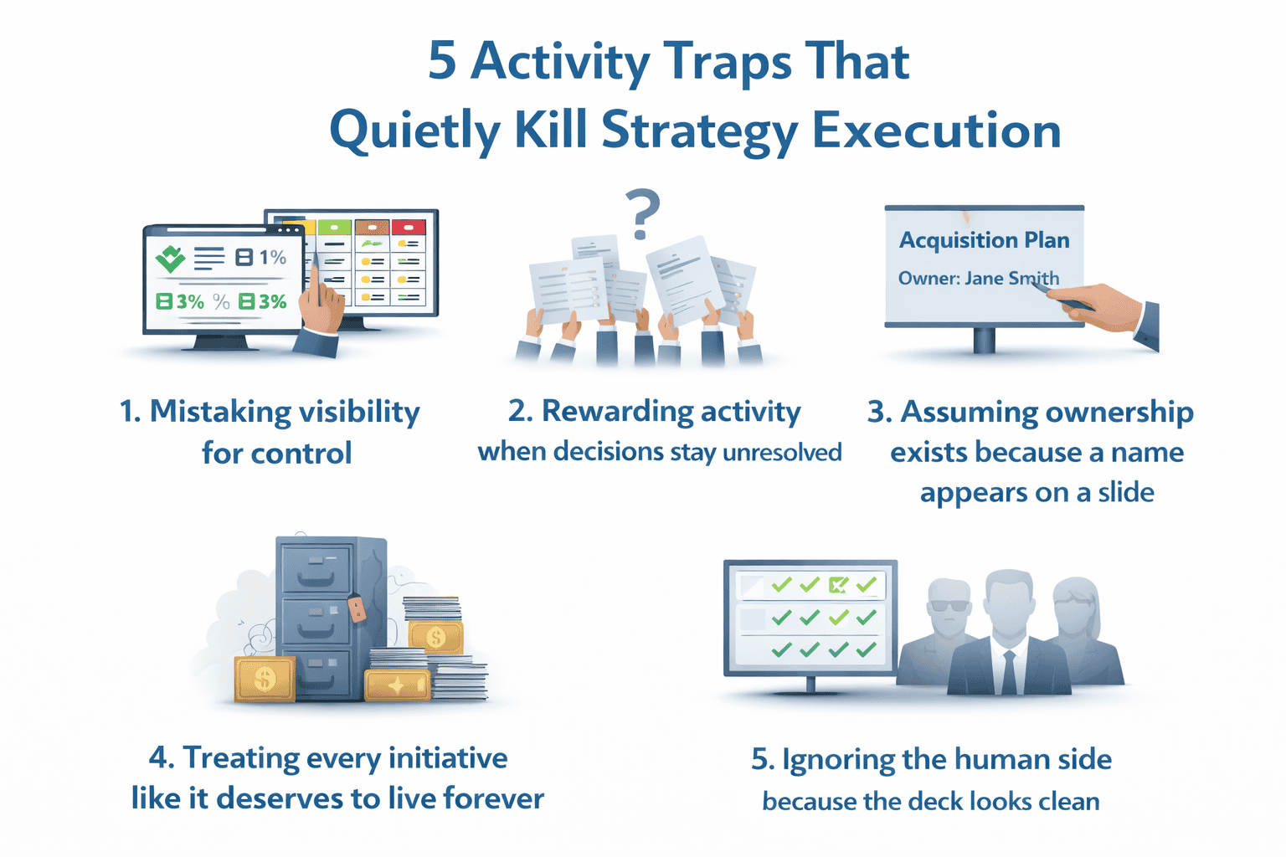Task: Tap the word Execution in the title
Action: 936,131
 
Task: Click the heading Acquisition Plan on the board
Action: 984,240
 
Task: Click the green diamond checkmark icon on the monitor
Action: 171,259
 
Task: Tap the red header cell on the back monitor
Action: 408,227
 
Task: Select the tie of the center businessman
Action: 1009,670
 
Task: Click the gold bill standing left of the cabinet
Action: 265,678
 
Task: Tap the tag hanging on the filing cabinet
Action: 357,608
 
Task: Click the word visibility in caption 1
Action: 359,412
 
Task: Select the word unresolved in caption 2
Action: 781,453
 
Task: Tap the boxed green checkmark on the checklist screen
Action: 837,585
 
